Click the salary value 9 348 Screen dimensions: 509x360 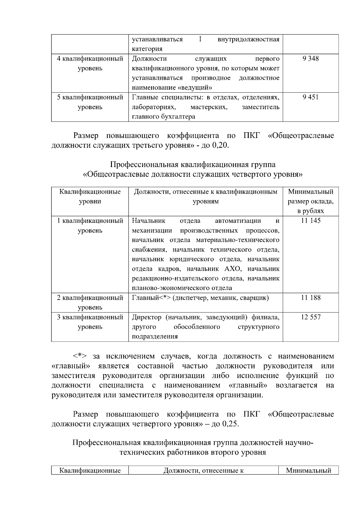coord(310,58)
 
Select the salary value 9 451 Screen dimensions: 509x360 coord(310,97)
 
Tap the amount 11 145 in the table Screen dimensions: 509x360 coord(311,221)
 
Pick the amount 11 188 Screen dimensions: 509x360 coord(311,298)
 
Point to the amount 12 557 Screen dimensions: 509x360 coord(311,317)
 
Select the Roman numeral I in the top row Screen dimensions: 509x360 coord(200,39)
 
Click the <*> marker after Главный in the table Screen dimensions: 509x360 coord(165,298)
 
